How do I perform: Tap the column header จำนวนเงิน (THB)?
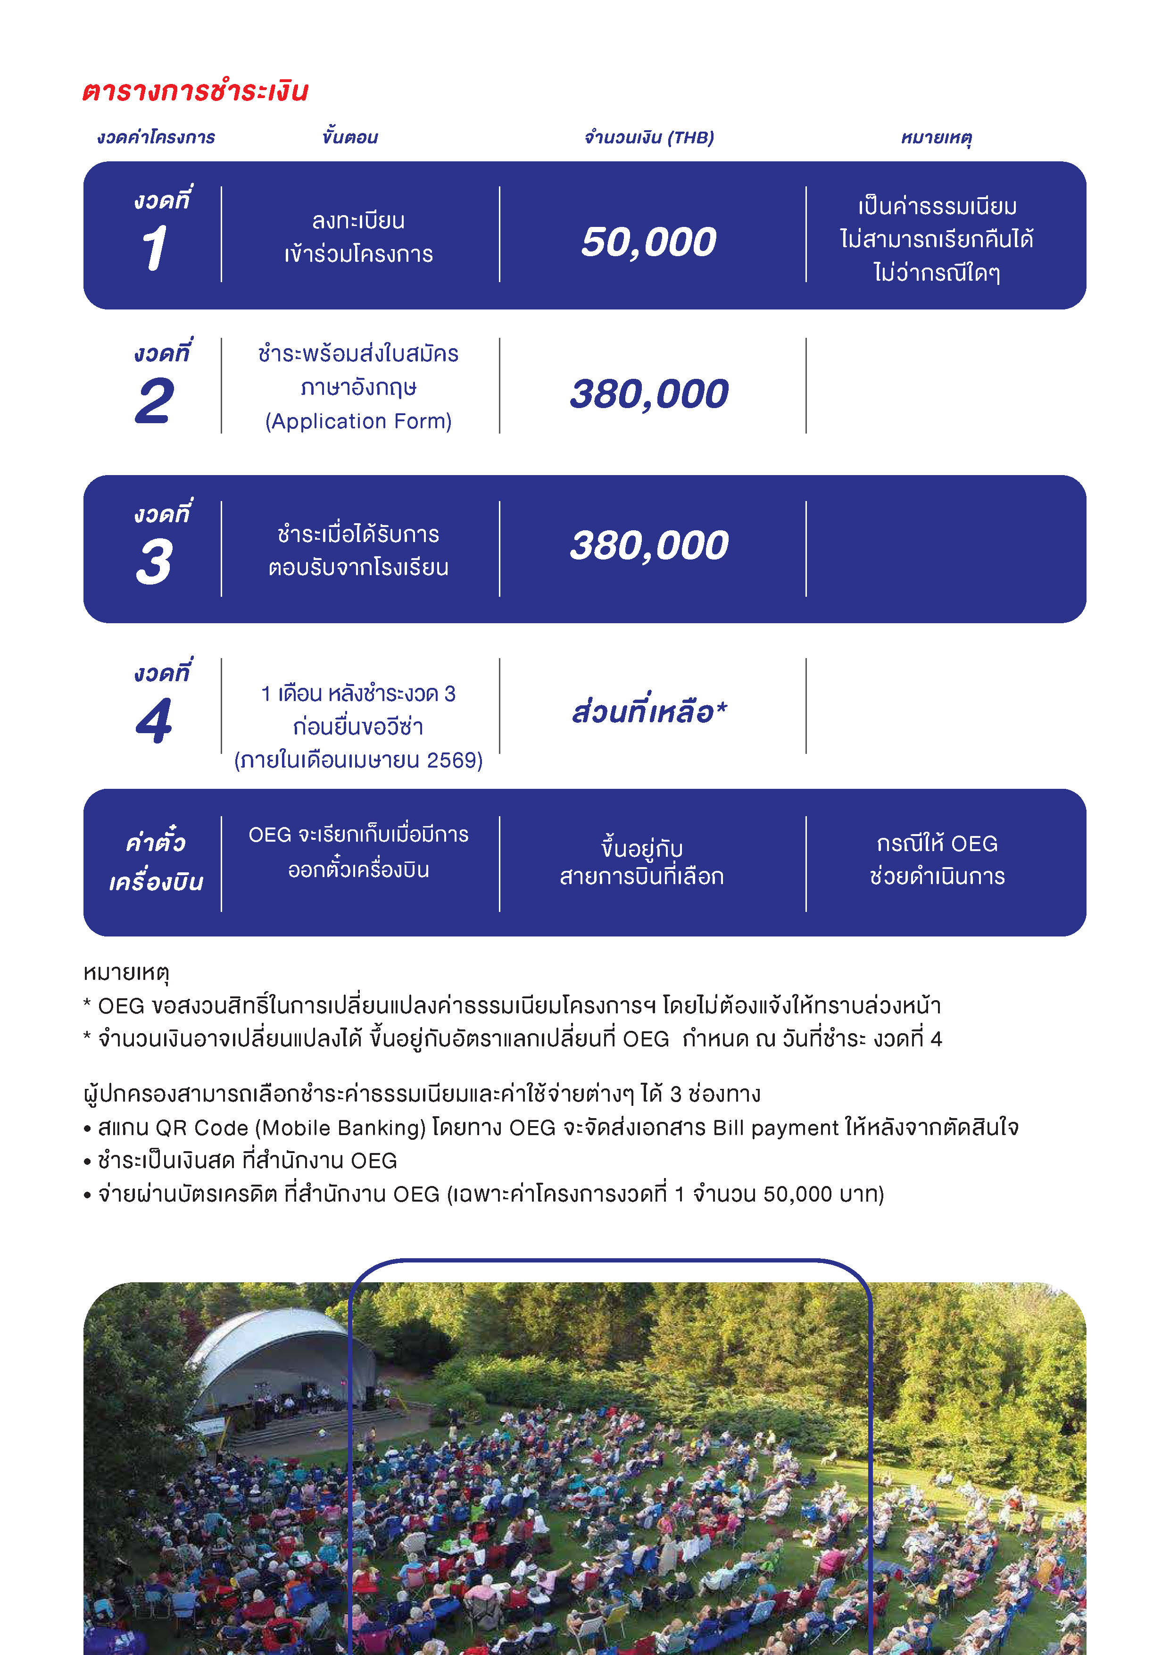coord(648,137)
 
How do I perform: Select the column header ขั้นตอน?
coord(350,137)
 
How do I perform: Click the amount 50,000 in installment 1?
coord(648,242)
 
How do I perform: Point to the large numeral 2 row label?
coord(154,401)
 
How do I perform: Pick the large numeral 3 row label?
coord(154,561)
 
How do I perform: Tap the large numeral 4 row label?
coord(154,721)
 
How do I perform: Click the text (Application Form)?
coord(358,421)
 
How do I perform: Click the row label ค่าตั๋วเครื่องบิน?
coord(156,862)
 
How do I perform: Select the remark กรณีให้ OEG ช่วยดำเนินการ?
coord(937,860)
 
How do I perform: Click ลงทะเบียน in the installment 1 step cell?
coord(358,221)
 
